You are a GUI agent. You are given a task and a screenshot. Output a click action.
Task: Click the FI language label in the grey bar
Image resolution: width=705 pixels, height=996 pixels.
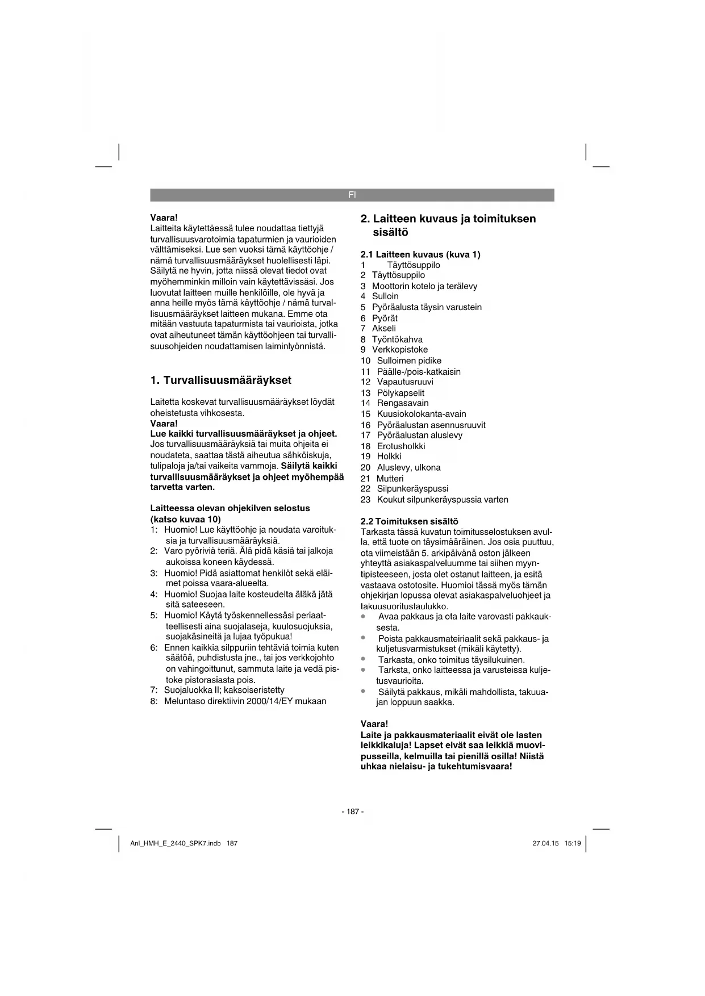point(352,195)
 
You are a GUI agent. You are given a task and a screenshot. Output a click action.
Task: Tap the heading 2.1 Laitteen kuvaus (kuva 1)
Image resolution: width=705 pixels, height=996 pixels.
point(420,254)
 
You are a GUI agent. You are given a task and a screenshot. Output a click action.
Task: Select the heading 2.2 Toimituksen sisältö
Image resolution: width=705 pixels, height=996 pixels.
point(409,521)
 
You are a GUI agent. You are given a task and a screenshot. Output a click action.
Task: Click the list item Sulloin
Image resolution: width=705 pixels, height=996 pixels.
point(385,296)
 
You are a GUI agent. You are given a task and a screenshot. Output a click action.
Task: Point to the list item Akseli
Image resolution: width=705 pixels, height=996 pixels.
point(384,328)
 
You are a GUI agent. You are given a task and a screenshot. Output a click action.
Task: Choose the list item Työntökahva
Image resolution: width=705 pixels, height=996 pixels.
point(397,339)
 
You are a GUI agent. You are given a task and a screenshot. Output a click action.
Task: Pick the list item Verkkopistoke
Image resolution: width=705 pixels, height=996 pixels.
point(400,350)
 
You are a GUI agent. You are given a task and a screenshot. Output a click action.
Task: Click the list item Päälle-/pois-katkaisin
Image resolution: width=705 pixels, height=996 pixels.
point(419,371)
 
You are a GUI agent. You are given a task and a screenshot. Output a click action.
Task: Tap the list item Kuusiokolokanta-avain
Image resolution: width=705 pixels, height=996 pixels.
point(422,414)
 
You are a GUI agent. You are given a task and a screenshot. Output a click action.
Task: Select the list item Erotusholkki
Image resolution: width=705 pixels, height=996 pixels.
point(401,446)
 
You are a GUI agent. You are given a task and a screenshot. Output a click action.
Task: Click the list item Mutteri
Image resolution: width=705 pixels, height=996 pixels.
point(390,478)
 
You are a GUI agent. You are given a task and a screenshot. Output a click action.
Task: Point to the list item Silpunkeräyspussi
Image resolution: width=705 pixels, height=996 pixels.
point(412,488)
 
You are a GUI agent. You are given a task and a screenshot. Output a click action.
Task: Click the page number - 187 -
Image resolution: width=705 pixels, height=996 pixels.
point(352,811)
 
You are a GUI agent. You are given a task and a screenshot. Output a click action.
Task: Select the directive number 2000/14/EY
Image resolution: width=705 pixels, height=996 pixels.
point(269,701)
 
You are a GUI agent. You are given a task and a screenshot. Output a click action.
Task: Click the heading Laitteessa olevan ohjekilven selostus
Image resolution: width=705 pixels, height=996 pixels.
point(230,508)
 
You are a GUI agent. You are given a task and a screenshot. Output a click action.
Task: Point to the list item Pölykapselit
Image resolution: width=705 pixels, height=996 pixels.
point(401,392)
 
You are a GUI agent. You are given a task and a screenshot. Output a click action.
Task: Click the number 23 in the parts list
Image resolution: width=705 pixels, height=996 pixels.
point(365,500)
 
